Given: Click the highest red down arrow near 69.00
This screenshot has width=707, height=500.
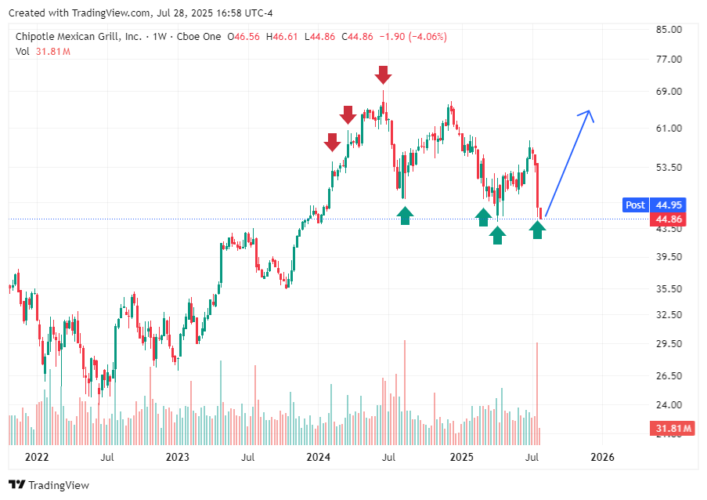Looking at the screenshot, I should pyautogui.click(x=382, y=75).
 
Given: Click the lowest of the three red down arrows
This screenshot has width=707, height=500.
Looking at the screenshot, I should pyautogui.click(x=332, y=142).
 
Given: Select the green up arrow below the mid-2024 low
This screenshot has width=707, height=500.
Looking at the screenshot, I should pyautogui.click(x=405, y=216).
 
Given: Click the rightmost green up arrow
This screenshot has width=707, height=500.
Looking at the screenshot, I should pyautogui.click(x=537, y=230).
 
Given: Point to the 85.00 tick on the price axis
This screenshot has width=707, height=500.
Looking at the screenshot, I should pyautogui.click(x=668, y=30).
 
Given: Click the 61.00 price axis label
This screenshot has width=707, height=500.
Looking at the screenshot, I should pyautogui.click(x=668, y=128).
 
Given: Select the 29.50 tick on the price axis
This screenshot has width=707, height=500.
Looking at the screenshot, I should pyautogui.click(x=668, y=343).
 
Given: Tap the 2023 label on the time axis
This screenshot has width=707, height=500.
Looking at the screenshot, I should pyautogui.click(x=178, y=457).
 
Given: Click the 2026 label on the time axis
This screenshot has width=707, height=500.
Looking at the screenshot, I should pyautogui.click(x=601, y=457).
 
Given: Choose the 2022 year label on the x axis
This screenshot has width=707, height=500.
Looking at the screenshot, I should pyautogui.click(x=37, y=457).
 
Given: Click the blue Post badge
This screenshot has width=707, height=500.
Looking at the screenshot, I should pyautogui.click(x=635, y=205).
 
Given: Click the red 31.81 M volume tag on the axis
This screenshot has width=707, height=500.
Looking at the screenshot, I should pyautogui.click(x=671, y=428).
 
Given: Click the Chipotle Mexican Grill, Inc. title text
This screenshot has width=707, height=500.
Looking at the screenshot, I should pyautogui.click(x=78, y=37).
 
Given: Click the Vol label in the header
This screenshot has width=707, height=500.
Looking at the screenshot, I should pyautogui.click(x=22, y=51).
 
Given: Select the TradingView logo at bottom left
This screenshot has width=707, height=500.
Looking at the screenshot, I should pyautogui.click(x=49, y=485).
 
